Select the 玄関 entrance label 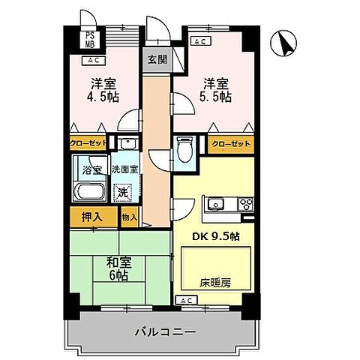(156, 60)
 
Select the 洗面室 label (124, 169)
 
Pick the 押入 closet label (93, 217)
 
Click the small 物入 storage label (129, 217)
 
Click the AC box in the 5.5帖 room (200, 42)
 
